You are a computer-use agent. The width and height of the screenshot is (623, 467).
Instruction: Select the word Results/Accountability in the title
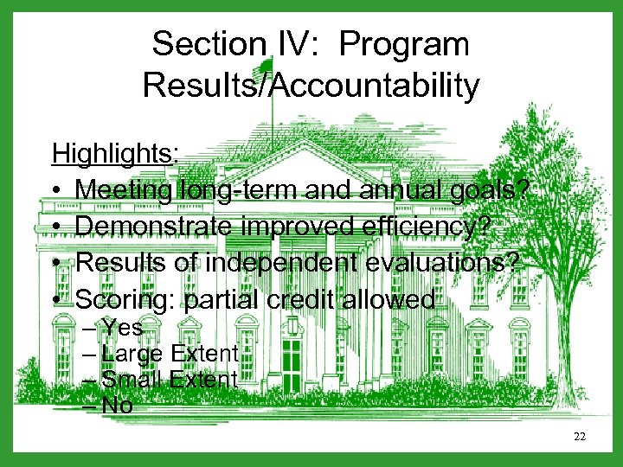(x=311, y=85)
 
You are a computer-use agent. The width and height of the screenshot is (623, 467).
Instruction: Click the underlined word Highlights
(x=113, y=153)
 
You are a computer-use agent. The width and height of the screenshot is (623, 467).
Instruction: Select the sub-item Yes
(x=122, y=327)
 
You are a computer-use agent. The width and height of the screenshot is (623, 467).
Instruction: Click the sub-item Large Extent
(x=170, y=353)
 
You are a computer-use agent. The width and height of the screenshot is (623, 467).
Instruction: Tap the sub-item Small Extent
(x=170, y=379)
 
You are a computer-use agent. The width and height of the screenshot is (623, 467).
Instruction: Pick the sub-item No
(x=117, y=405)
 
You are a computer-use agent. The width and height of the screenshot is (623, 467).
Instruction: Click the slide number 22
(x=580, y=437)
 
